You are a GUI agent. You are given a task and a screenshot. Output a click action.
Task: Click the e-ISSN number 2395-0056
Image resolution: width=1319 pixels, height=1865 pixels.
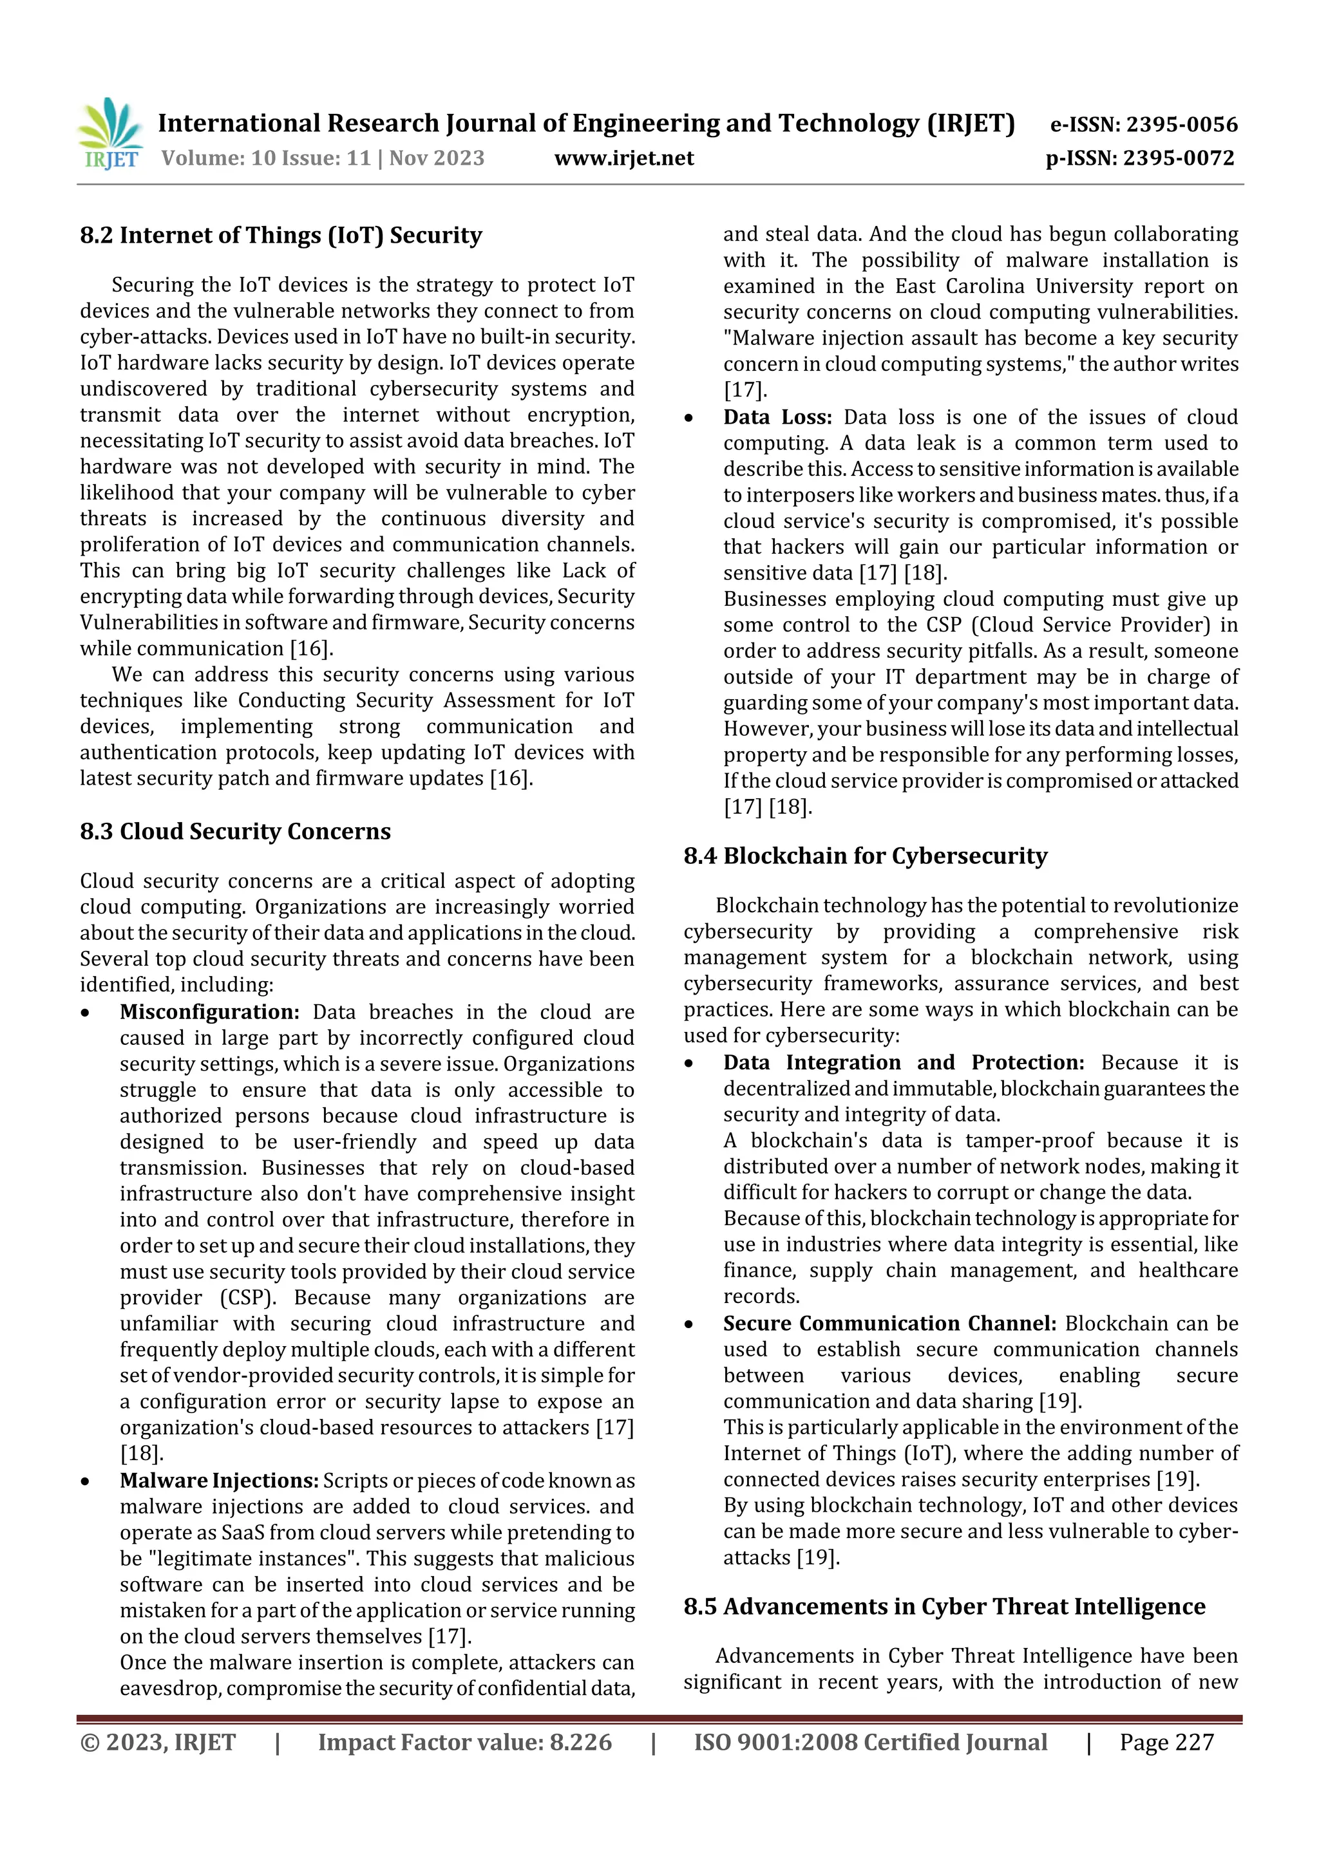[1182, 124]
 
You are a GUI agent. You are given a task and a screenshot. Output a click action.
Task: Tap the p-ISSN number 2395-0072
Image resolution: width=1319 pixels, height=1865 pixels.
[1179, 158]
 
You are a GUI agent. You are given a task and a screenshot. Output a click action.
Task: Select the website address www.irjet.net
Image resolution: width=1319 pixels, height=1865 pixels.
[623, 158]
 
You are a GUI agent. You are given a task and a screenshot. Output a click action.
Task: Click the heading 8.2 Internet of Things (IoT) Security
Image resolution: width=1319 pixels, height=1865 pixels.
[280, 236]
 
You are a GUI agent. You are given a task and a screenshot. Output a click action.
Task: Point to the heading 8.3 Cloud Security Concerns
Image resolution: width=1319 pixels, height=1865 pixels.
[235, 831]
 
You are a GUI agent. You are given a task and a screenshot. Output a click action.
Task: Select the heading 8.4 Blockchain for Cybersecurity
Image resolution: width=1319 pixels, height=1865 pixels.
[865, 856]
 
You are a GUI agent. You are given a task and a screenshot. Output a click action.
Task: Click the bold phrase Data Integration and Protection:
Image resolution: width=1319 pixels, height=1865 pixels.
[903, 1062]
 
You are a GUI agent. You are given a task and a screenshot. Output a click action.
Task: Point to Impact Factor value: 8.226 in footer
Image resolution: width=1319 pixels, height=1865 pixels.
[464, 1741]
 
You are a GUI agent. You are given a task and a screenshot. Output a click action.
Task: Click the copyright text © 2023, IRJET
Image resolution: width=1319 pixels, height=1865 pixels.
[158, 1741]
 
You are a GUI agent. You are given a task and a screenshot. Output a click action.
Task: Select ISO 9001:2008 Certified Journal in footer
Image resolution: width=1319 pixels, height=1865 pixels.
[869, 1741]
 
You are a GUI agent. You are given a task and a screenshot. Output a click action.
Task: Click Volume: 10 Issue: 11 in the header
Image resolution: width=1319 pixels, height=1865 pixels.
[266, 158]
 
